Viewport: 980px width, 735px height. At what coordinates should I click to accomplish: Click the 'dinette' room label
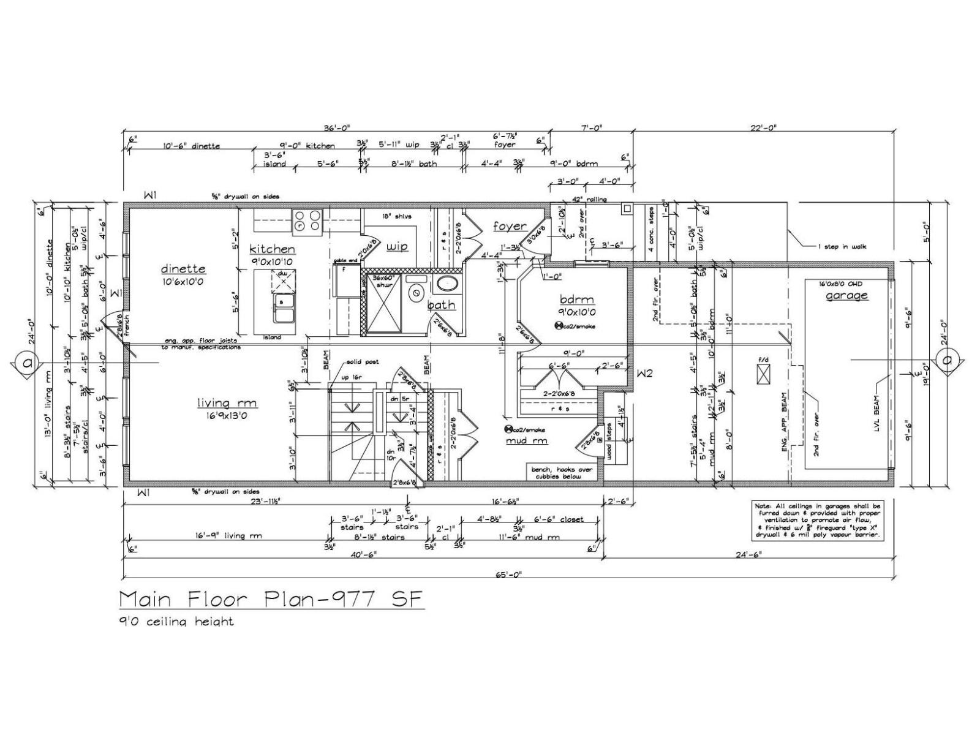click(x=183, y=269)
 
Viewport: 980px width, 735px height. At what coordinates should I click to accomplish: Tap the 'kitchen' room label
click(x=272, y=249)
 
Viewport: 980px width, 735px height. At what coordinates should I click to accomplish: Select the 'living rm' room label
click(x=227, y=403)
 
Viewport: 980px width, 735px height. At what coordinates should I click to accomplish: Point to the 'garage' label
click(x=846, y=296)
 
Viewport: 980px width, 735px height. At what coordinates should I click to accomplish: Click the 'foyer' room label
click(x=510, y=226)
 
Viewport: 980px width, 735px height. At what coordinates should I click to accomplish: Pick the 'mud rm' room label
click(x=526, y=440)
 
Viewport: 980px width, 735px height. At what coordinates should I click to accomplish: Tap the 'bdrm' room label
click(x=577, y=300)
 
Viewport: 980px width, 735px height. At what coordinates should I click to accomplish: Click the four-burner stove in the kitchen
click(x=307, y=221)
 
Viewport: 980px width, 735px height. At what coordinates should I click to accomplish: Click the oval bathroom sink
click(x=447, y=284)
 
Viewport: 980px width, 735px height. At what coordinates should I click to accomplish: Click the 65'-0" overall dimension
click(x=510, y=575)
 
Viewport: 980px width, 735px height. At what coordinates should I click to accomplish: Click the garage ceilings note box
click(x=818, y=521)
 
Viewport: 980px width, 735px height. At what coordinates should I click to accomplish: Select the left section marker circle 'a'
click(x=28, y=363)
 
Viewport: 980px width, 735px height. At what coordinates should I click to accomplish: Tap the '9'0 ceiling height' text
click(x=176, y=622)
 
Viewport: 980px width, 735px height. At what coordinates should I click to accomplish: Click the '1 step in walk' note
click(x=842, y=247)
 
